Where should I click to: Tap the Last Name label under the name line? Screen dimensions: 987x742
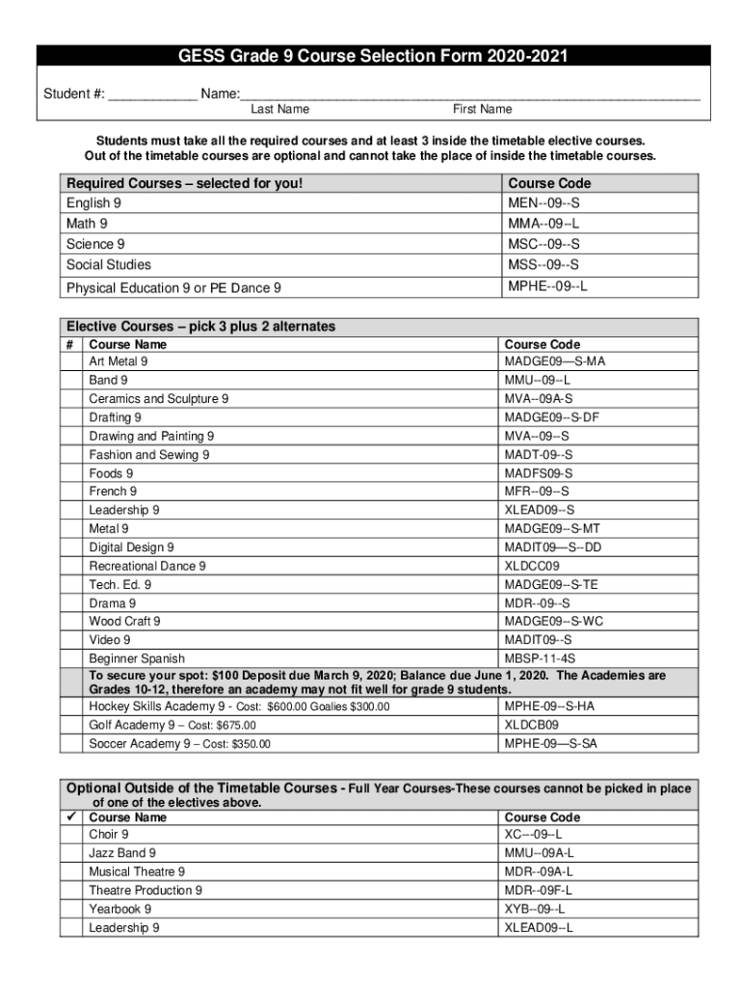click(x=279, y=110)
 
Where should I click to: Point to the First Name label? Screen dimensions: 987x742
click(x=482, y=110)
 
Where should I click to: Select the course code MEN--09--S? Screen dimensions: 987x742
click(x=543, y=203)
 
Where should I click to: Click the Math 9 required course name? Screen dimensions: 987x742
click(x=87, y=224)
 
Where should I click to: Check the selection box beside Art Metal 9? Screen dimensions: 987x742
click(x=71, y=362)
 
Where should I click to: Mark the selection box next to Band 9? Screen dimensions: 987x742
click(x=71, y=381)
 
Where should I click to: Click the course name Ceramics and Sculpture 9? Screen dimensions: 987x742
click(x=159, y=399)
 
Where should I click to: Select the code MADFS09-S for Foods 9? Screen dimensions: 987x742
click(x=538, y=473)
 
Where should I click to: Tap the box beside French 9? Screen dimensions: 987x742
click(x=71, y=492)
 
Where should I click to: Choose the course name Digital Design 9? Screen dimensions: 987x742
click(x=132, y=547)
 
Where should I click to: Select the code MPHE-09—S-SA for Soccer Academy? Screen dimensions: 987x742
click(x=550, y=743)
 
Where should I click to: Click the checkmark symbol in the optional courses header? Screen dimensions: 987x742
click(x=72, y=817)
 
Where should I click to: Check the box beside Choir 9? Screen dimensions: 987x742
click(x=71, y=835)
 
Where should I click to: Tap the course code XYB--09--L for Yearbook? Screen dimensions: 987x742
click(x=535, y=909)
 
